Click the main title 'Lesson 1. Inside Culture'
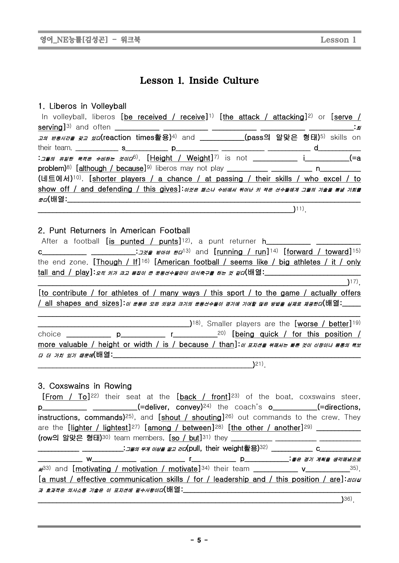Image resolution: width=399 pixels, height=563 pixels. (199, 80)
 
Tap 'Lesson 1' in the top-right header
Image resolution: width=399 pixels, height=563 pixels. (338, 40)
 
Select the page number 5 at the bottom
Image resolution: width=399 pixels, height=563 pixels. (199, 540)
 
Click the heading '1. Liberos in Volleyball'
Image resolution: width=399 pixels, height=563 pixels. (82, 106)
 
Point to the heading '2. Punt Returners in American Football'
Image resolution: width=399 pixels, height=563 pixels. (114, 230)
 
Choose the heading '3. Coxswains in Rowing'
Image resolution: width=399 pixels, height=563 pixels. (85, 386)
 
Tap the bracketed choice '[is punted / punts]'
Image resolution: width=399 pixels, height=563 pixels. (144, 241)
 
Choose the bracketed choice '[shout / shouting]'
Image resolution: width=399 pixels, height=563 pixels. (191, 417)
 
